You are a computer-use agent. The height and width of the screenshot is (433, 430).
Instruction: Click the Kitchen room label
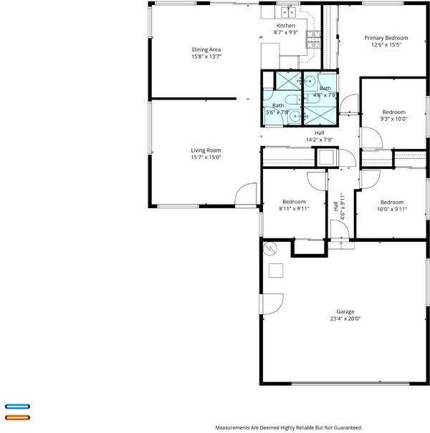pos(286,25)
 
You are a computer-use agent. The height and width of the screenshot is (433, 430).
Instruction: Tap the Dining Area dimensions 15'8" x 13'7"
pos(206,57)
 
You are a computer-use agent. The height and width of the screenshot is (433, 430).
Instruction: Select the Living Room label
pos(206,150)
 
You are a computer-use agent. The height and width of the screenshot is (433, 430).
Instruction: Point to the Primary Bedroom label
pos(386,38)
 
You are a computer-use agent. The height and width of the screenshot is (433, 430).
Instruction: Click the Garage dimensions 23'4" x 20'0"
pos(345,318)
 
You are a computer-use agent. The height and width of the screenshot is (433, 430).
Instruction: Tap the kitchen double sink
pos(288,12)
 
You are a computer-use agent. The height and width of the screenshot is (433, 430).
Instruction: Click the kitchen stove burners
pos(313,39)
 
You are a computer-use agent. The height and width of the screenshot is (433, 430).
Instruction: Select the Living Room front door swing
pos(246,193)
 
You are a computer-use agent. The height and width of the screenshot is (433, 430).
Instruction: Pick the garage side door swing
pos(272,303)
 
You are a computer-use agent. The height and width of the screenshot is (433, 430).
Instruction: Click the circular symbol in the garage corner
pos(270,249)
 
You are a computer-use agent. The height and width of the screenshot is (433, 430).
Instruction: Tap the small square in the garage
pos(276,271)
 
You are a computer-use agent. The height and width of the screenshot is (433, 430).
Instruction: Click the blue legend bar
pos(17,407)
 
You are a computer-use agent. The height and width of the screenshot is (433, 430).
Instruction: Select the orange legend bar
pos(17,417)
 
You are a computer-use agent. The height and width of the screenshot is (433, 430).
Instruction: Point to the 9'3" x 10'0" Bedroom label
pos(393,115)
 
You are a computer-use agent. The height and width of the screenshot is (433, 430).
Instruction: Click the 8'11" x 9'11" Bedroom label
pos(294,205)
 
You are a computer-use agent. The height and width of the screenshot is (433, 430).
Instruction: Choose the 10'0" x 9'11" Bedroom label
pos(392,205)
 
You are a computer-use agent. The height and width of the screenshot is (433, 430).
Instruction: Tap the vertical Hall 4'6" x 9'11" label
pos(339,206)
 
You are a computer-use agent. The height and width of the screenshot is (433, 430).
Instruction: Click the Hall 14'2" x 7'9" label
pos(319,136)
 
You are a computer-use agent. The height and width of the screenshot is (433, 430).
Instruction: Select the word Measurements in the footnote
pos(232,428)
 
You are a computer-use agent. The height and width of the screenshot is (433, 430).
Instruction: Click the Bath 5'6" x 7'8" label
pos(277,109)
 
